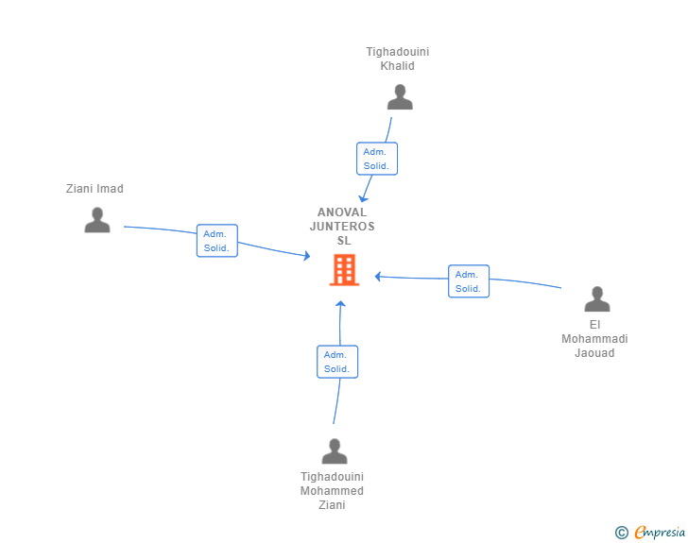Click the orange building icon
pyautogui.click(x=343, y=270)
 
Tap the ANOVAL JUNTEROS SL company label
pyautogui.click(x=342, y=226)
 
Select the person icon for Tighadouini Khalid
pyautogui.click(x=400, y=97)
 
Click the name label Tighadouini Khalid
pyautogui.click(x=398, y=59)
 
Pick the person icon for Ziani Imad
pyautogui.click(x=97, y=220)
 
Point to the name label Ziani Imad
pyautogui.click(x=95, y=189)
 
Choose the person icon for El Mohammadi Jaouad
pyautogui.click(x=597, y=299)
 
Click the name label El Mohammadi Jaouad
pyautogui.click(x=595, y=339)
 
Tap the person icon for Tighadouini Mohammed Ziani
pyautogui.click(x=335, y=451)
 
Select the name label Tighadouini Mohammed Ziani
pyautogui.click(x=332, y=491)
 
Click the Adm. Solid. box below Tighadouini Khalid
pyautogui.click(x=377, y=159)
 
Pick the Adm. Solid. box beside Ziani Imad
pyautogui.click(x=216, y=241)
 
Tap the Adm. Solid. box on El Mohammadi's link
pyautogui.click(x=468, y=281)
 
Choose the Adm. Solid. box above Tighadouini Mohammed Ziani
pyautogui.click(x=337, y=362)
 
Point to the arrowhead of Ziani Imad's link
pyautogui.click(x=306, y=256)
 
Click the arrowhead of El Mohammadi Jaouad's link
pyautogui.click(x=378, y=277)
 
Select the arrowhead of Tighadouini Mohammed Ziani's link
pyautogui.click(x=341, y=304)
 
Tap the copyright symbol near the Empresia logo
pyautogui.click(x=622, y=533)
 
